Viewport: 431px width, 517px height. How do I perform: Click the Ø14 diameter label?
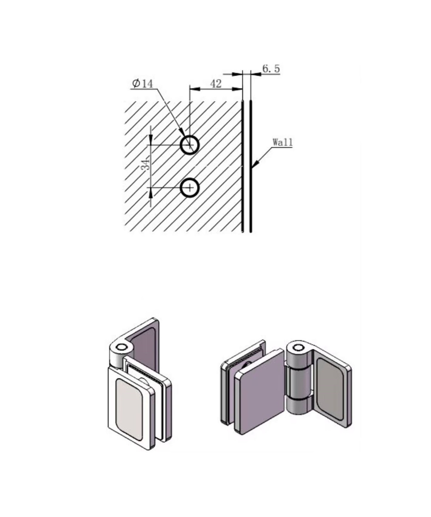(143, 84)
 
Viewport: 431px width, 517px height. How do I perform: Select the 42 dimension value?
(216, 84)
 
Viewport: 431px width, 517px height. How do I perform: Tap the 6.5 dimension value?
(271, 69)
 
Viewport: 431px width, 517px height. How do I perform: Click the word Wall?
(283, 142)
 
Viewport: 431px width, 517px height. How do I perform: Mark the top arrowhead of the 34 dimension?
(151, 140)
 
